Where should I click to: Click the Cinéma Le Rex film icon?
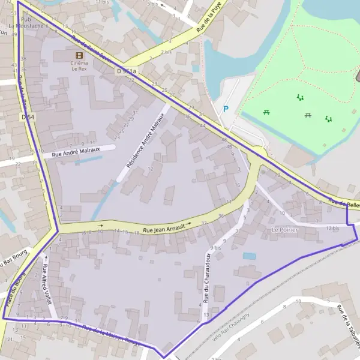coord(79,55)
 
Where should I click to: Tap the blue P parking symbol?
coord(226,109)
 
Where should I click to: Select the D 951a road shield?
coord(127,71)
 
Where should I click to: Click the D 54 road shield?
coord(28,117)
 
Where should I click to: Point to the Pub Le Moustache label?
coord(25,23)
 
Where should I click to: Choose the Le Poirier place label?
coord(284,229)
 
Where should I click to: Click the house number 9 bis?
coord(216,247)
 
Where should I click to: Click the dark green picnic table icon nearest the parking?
coord(266,112)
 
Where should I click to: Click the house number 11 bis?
coord(102,2)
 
